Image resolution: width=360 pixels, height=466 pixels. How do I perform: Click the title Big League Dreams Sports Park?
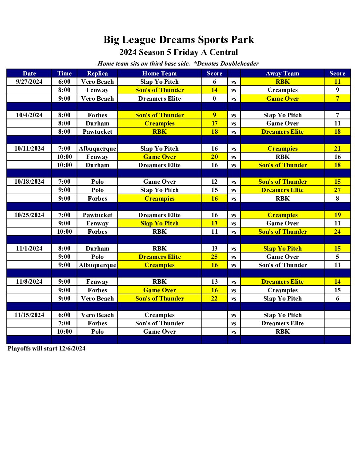coord(179,40)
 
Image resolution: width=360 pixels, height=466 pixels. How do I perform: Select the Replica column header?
coord(97,73)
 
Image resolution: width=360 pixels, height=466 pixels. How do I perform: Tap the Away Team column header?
coord(282,73)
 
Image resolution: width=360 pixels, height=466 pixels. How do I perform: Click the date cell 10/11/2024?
coord(29,149)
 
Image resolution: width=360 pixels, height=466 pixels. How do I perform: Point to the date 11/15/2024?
coord(29,315)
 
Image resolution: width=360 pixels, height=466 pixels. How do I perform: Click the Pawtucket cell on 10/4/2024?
coord(97,132)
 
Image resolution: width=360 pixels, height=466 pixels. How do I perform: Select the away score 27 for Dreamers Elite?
coord(337,190)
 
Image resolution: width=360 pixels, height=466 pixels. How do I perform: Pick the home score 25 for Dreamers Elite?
coord(214,257)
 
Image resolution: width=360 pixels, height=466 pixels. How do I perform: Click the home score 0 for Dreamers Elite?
coord(214,99)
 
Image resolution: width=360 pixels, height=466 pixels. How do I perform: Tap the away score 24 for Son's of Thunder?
coord(337,232)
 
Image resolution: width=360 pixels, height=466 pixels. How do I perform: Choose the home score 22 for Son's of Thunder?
coord(214,299)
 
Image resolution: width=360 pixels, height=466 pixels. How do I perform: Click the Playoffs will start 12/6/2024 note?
coord(47,349)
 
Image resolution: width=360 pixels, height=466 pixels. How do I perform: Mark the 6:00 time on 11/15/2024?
coord(64,315)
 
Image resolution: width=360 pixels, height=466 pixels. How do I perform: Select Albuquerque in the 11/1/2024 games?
coord(97,265)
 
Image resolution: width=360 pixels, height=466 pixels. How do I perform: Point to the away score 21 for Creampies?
coord(337,149)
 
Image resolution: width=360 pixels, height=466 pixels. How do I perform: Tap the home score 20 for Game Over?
coord(214,157)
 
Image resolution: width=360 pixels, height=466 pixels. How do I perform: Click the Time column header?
coord(64,73)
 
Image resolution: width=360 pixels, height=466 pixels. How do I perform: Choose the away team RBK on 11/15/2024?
coord(282,332)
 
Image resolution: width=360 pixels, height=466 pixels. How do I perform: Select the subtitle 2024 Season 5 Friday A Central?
coord(179,52)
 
